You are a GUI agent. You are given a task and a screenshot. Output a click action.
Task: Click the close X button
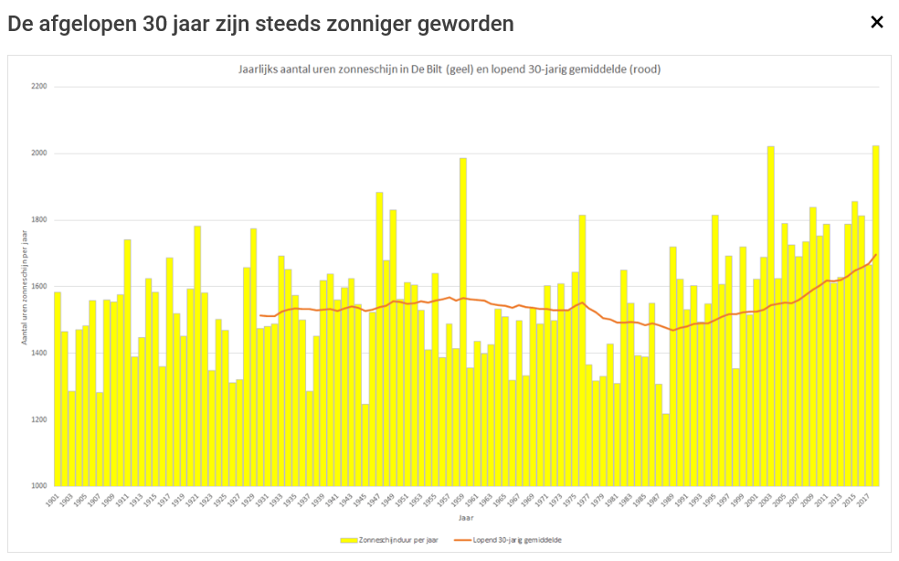point(877,22)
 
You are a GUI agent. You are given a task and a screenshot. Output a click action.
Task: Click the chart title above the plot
point(443,69)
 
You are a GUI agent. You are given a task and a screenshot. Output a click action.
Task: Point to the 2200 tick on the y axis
point(38,87)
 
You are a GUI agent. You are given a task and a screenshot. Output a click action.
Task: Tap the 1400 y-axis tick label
point(38,353)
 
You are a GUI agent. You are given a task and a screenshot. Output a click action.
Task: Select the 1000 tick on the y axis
point(38,486)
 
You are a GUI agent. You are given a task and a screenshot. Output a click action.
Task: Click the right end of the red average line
point(876,254)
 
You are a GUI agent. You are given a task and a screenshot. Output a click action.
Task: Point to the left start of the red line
point(260,315)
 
